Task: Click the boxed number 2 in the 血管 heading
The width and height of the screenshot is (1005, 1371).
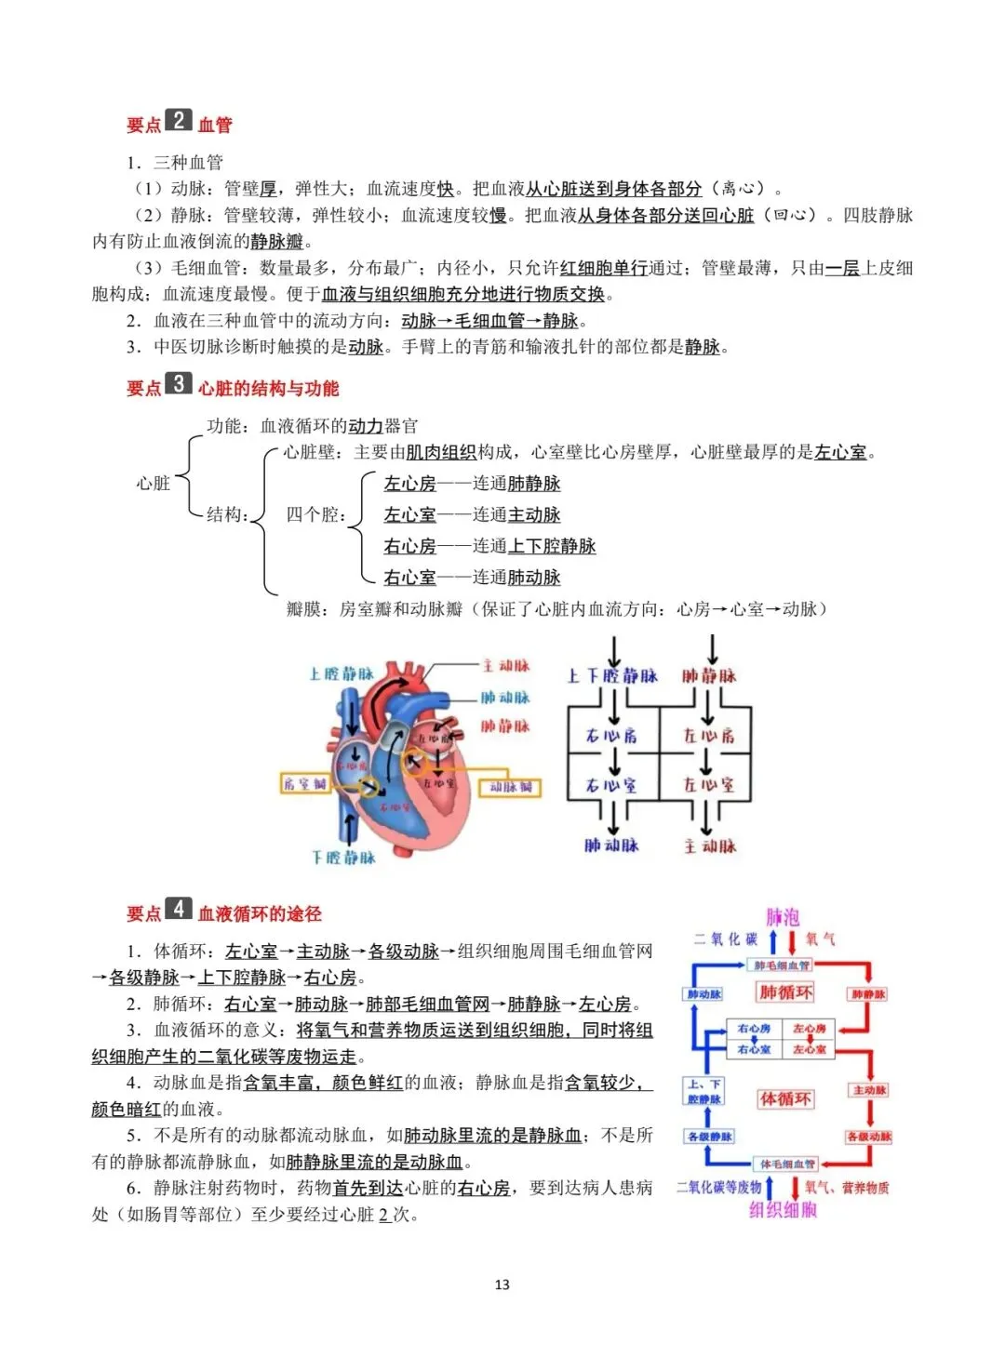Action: tap(178, 121)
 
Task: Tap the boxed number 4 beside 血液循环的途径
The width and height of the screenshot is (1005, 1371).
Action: tap(178, 909)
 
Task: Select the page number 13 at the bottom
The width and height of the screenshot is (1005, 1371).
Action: tap(502, 1284)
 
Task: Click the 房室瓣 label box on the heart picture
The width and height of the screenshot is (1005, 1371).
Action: tap(306, 784)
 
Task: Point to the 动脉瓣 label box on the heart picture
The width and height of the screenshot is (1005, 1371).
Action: tap(512, 788)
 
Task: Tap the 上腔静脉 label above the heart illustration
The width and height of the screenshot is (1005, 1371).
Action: tap(342, 673)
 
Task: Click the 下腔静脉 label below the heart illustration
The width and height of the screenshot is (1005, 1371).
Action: tap(343, 857)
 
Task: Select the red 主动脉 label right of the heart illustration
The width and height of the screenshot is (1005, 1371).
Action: tap(506, 666)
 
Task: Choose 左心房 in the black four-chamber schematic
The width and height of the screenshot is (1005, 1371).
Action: tap(709, 736)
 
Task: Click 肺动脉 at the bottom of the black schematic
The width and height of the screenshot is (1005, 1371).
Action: tap(611, 845)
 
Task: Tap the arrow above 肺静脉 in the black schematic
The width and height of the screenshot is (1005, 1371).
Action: tap(712, 648)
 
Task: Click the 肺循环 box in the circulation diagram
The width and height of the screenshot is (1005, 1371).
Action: tap(785, 992)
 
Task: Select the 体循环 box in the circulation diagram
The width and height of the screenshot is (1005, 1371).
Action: tap(785, 1099)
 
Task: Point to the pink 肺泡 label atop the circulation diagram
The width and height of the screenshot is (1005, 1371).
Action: tap(783, 917)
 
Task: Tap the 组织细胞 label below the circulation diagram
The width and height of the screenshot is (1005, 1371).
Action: tap(783, 1209)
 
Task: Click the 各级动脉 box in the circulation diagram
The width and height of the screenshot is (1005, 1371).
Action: tap(869, 1137)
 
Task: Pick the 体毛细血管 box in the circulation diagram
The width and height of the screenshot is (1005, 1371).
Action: tap(787, 1164)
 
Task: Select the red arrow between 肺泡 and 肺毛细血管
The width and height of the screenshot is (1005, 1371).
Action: tap(793, 941)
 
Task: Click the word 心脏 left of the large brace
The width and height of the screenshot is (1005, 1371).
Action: tap(154, 483)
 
